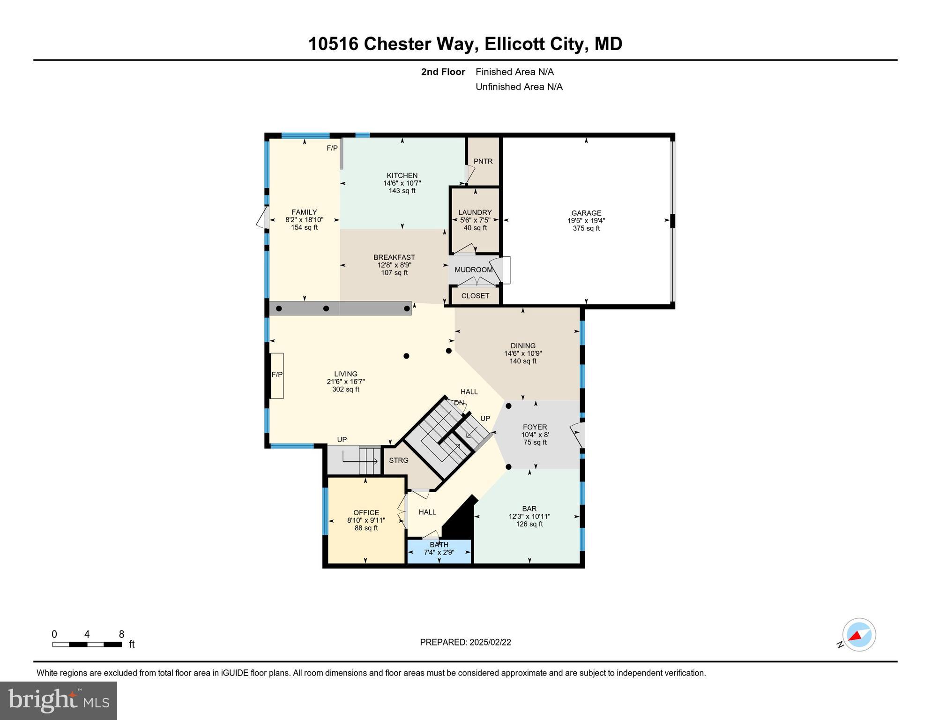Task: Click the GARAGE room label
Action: pos(586,213)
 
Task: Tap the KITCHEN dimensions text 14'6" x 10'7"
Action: pos(402,183)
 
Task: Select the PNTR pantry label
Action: pos(483,161)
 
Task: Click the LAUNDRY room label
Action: pos(475,212)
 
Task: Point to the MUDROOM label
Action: pos(473,270)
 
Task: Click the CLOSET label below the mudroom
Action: pos(475,296)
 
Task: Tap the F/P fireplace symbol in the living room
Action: pos(277,375)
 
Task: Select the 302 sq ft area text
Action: pos(345,390)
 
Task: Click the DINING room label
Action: pos(523,346)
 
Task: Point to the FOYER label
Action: pos(535,427)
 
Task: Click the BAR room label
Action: pos(529,509)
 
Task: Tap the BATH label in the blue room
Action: pos(439,545)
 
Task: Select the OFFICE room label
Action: pos(366,513)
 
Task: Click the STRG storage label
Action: pos(398,460)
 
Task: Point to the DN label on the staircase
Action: pos(459,403)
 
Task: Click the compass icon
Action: pos(859,635)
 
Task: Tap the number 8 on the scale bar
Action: pos(121,634)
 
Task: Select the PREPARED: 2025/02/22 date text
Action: pos(465,642)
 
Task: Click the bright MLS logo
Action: pos(59,700)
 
